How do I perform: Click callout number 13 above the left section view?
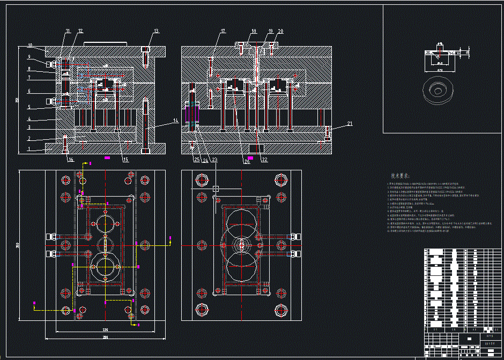[157, 31]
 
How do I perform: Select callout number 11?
[68, 31]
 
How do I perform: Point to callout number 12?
[80, 31]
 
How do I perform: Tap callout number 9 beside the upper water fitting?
[30, 56]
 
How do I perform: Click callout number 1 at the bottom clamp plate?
[30, 149]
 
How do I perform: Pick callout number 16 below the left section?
[71, 160]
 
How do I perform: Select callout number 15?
[125, 160]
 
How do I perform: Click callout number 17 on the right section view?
[223, 31]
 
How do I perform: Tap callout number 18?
[254, 31]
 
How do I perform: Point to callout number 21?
[350, 124]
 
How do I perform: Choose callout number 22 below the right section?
[264, 160]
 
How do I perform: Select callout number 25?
[197, 160]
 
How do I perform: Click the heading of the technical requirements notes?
[399, 176]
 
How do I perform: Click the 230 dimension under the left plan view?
[105, 328]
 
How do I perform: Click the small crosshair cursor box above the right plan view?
[216, 189]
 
